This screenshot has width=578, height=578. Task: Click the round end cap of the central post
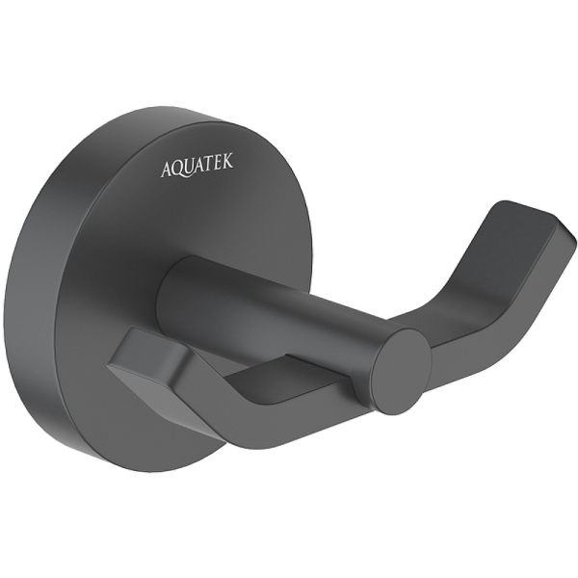click(x=398, y=371)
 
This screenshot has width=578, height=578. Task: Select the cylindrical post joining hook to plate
click(x=279, y=308)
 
